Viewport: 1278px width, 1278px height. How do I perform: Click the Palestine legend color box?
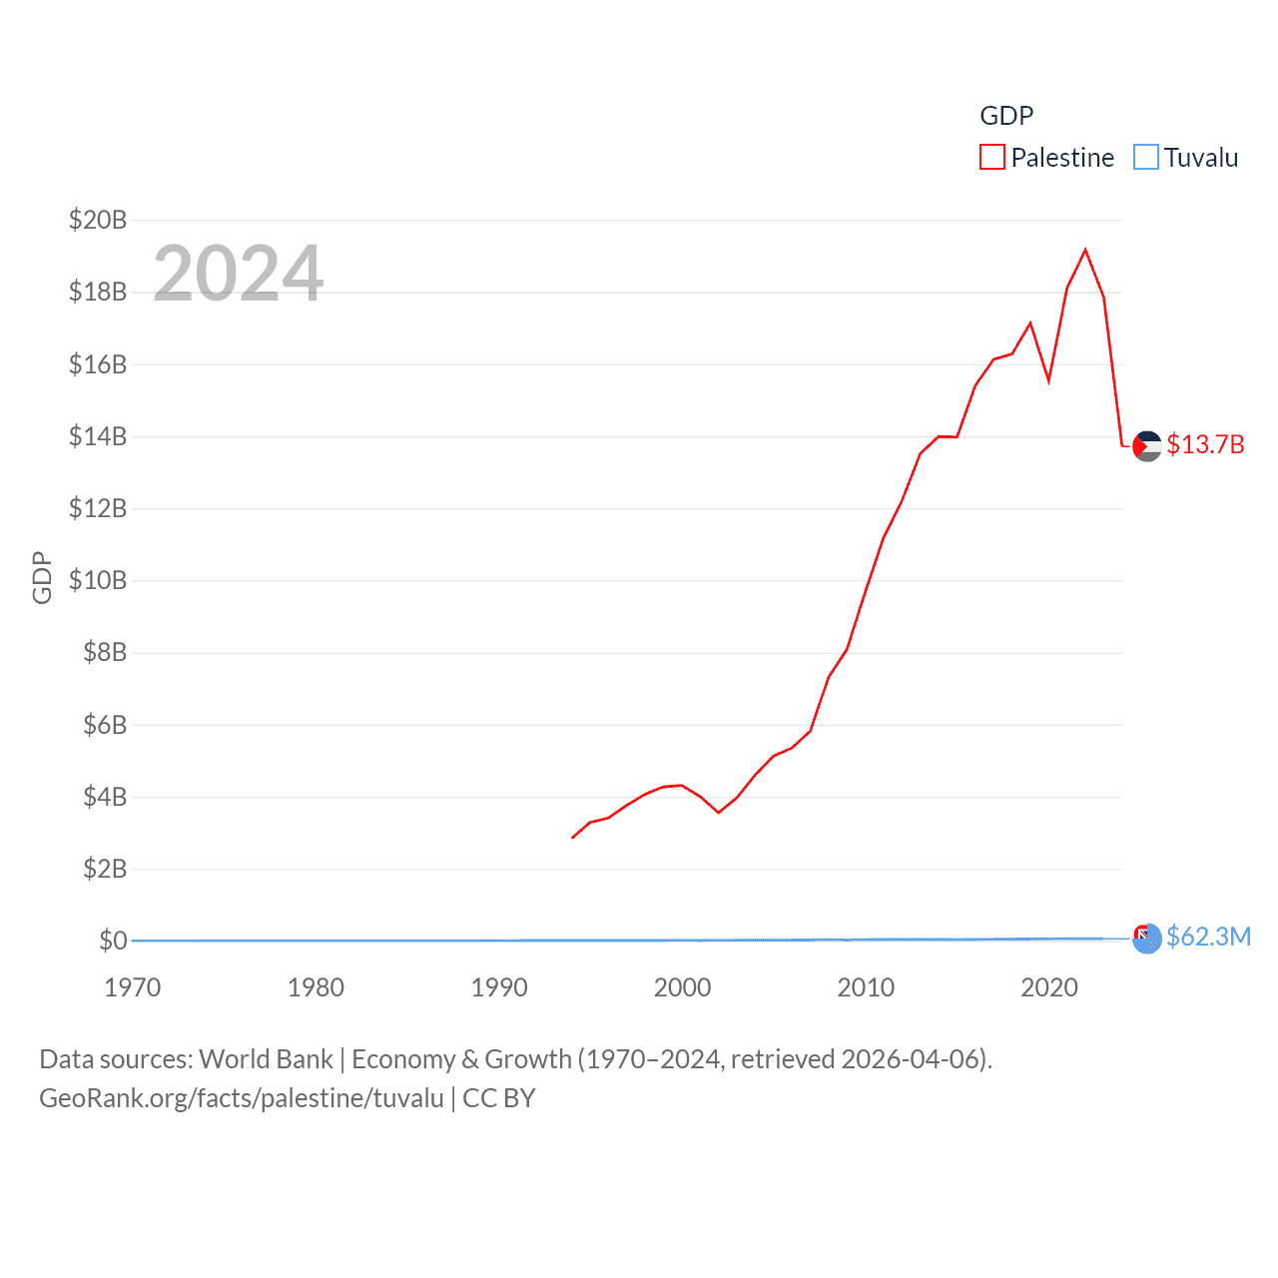[991, 158]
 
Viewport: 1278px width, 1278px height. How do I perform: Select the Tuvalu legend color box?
[1145, 158]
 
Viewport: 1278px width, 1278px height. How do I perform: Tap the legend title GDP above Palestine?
[1006, 116]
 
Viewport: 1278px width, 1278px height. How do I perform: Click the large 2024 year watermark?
[238, 274]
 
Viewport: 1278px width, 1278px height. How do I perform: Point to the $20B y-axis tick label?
[98, 220]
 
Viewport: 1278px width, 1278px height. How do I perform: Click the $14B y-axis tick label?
[98, 436]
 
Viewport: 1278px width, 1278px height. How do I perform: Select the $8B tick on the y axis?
[105, 653]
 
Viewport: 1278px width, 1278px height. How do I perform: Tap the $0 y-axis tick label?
[113, 941]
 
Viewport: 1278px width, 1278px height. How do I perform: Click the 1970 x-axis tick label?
[133, 987]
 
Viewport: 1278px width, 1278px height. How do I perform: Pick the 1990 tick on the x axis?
[499, 987]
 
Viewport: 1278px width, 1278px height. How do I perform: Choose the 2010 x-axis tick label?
[866, 987]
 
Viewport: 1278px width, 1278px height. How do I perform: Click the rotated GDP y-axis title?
[42, 577]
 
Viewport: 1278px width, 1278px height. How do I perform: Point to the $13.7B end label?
[1205, 444]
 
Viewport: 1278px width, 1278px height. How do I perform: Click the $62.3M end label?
[1208, 937]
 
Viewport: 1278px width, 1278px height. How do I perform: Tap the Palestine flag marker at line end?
[1147, 445]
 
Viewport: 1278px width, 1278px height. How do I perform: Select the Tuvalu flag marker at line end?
[1147, 938]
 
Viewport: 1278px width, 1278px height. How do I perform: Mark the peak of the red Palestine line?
[1085, 250]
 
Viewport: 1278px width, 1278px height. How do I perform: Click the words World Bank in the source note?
[267, 1059]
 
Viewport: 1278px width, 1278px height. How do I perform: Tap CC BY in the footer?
[499, 1098]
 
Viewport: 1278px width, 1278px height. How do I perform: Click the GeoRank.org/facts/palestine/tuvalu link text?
[242, 1098]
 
